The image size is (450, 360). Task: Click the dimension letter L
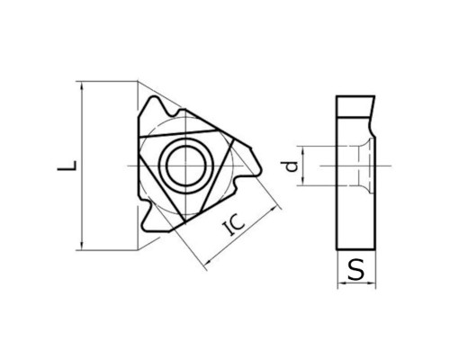click(67, 166)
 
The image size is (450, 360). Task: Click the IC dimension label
click(235, 225)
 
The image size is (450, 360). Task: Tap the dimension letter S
click(356, 269)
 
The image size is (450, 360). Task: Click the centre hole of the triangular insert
click(186, 166)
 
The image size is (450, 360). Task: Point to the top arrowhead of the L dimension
click(82, 85)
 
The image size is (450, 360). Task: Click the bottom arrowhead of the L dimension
click(82, 245)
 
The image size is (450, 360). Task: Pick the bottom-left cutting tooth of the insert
click(151, 218)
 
